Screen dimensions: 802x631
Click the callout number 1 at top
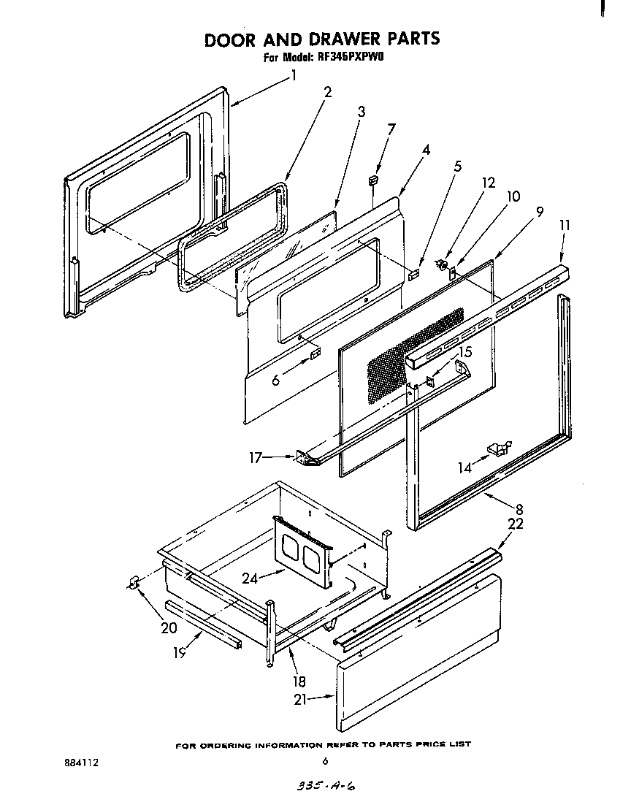click(x=294, y=75)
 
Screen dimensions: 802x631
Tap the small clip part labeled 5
click(x=413, y=275)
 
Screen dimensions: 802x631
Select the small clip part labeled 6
click(x=315, y=356)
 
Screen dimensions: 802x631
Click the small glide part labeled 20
click(x=134, y=581)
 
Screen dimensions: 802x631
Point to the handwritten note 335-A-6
click(x=322, y=787)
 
